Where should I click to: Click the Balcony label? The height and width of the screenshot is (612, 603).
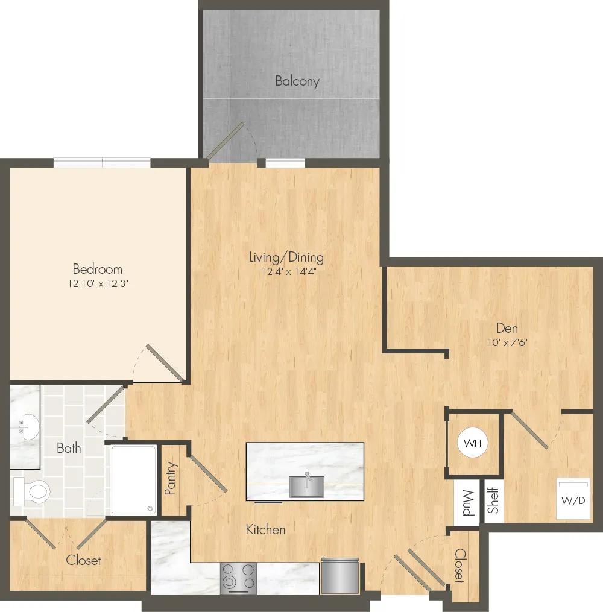tap(297, 81)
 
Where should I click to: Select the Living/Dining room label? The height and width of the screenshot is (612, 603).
tap(286, 257)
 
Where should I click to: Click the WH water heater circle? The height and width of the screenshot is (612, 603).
tap(473, 443)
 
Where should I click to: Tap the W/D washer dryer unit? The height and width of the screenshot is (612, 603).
tap(572, 499)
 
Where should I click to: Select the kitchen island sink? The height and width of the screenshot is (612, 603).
tap(307, 486)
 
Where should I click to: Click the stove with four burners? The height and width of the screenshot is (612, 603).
tap(238, 578)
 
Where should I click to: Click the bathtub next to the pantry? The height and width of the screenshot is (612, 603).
tap(133, 480)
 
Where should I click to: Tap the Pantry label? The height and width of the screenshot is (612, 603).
tap(171, 479)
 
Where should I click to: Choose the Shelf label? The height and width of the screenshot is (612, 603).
tap(493, 500)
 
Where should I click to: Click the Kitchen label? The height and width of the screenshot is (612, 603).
tap(265, 529)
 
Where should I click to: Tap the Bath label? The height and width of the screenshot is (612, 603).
tap(69, 448)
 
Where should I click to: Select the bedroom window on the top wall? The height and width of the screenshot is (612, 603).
tap(102, 162)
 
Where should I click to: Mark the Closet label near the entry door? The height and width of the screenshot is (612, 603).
tap(460, 566)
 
